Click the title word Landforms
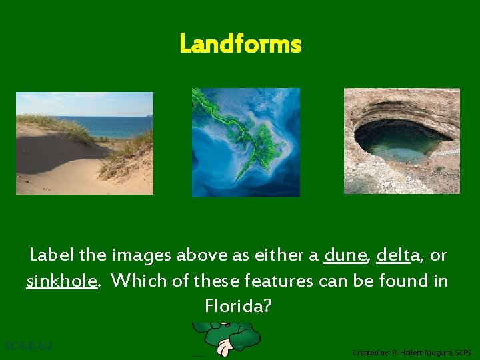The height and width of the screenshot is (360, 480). coord(240,45)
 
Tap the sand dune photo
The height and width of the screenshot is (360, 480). coord(85,143)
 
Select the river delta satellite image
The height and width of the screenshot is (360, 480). coord(246,143)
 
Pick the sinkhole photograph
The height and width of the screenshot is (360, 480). coord(401,141)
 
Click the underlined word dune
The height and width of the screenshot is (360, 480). coord(345,255)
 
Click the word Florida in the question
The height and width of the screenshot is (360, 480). coord(239,307)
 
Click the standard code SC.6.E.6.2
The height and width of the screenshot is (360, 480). coord(29,346)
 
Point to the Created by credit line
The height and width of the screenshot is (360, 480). coord(411,352)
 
